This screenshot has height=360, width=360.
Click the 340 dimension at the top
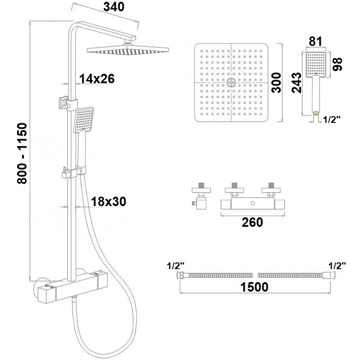(114, 7)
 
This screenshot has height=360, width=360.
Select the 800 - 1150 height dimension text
(22, 153)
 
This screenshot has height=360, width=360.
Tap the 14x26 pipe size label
(97, 79)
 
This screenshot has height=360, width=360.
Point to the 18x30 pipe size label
(108, 202)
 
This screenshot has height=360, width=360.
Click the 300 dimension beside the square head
(276, 83)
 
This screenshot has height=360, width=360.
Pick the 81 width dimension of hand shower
(315, 41)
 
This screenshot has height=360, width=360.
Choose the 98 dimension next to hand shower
(337, 64)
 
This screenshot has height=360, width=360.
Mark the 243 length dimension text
(297, 83)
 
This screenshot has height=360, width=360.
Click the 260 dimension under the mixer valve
(252, 222)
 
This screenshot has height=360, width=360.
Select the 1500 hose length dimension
(254, 287)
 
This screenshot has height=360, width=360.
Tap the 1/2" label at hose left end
(175, 266)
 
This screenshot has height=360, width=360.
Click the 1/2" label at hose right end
(337, 266)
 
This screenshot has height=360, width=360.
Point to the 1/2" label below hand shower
(332, 119)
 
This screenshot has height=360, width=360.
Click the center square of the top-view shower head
(231, 82)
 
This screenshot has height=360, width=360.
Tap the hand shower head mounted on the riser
(84, 120)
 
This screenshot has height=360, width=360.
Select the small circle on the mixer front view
(253, 203)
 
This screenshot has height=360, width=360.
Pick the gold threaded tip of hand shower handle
(316, 113)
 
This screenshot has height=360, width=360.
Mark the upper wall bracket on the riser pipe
(68, 103)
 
